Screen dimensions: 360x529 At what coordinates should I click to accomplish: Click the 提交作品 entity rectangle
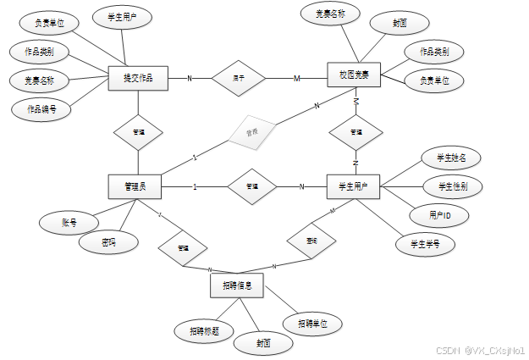138,78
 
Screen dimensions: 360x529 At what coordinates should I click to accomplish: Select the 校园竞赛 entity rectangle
354,74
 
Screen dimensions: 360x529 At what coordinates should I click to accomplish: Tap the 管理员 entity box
135,186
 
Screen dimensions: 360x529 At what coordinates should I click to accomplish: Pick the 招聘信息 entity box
236,285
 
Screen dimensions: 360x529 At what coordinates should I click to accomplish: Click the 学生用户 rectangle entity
354,186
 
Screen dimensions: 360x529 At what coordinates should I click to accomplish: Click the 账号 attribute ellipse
69,223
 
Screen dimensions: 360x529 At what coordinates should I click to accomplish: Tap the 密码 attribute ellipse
107,242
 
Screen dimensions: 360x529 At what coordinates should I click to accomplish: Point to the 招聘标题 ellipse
203,330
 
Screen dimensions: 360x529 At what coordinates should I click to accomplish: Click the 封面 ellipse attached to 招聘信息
263,344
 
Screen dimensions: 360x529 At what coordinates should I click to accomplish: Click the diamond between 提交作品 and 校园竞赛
239,78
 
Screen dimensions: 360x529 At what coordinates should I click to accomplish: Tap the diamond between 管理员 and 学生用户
251,186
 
